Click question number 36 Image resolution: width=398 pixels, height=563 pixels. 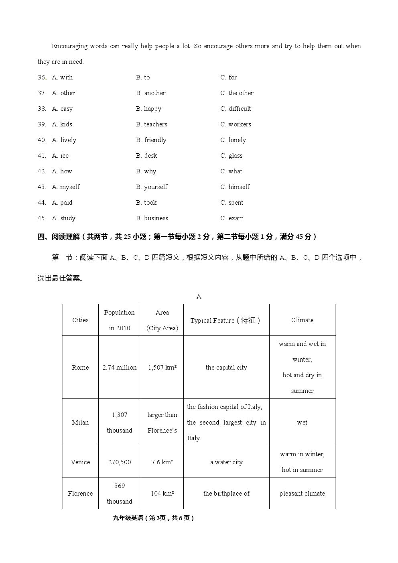[x=42, y=77]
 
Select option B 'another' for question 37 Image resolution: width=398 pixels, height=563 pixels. [x=150, y=93]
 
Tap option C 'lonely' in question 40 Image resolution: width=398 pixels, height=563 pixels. [x=233, y=140]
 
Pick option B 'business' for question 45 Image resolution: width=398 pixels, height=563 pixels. [x=152, y=218]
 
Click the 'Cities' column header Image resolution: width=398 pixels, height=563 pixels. [x=80, y=320]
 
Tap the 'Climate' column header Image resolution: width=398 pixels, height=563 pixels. [x=302, y=320]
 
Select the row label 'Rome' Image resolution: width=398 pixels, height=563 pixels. [x=80, y=368]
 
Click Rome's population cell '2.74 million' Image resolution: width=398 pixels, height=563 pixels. [x=120, y=368]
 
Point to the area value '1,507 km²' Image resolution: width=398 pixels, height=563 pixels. [x=162, y=368]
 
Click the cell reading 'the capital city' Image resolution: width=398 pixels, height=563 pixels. [x=226, y=368]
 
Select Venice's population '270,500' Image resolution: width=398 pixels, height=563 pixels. [x=120, y=462]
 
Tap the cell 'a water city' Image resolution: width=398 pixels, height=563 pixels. [x=226, y=462]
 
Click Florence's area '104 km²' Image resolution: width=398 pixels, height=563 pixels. [x=162, y=494]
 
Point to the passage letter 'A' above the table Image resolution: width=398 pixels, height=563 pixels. [x=199, y=297]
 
